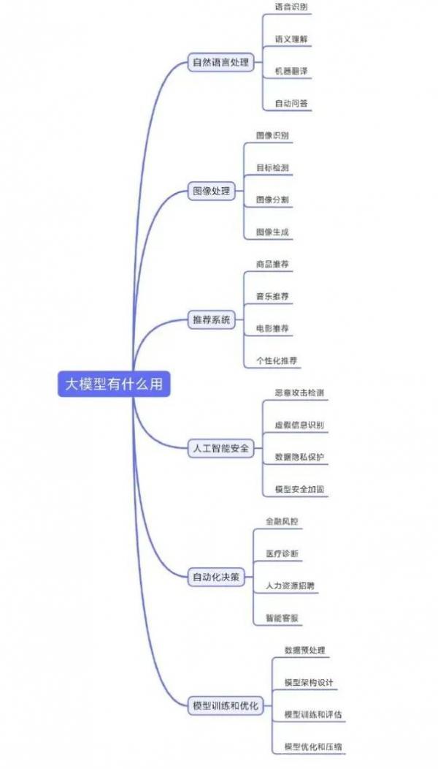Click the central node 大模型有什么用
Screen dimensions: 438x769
tap(114, 384)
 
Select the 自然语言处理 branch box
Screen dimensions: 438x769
tap(221, 63)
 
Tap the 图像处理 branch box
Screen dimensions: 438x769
tap(211, 192)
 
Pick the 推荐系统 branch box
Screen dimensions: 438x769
tap(211, 320)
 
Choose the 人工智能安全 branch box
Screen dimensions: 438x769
tap(221, 449)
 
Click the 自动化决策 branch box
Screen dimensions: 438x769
tap(216, 577)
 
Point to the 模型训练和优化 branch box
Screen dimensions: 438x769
tap(226, 706)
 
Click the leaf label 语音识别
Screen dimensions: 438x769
tap(291, 7)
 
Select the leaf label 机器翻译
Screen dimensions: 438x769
tap(291, 71)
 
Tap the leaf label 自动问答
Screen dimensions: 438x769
tap(291, 104)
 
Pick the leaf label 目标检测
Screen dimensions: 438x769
tap(272, 167)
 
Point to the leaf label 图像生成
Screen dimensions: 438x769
tap(272, 232)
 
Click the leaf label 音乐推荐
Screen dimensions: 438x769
tap(272, 296)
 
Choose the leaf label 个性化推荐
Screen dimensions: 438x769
tap(277, 361)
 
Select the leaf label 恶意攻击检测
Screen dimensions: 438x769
tap(299, 393)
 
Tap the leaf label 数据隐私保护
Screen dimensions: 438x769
tap(299, 457)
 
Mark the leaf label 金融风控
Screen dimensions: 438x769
tap(282, 521)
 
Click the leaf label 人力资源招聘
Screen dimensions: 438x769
tap(290, 586)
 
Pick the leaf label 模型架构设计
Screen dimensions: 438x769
tap(309, 682)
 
